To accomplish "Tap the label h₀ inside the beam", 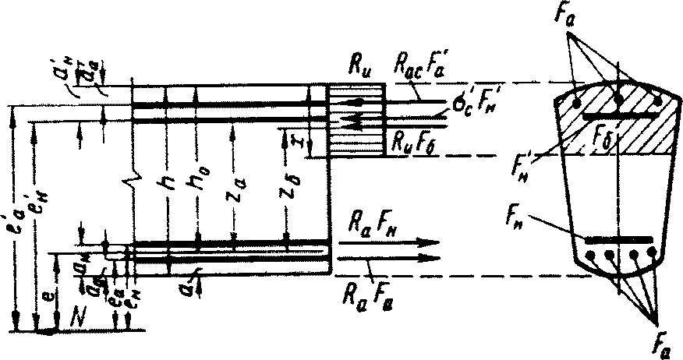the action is [196, 181].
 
